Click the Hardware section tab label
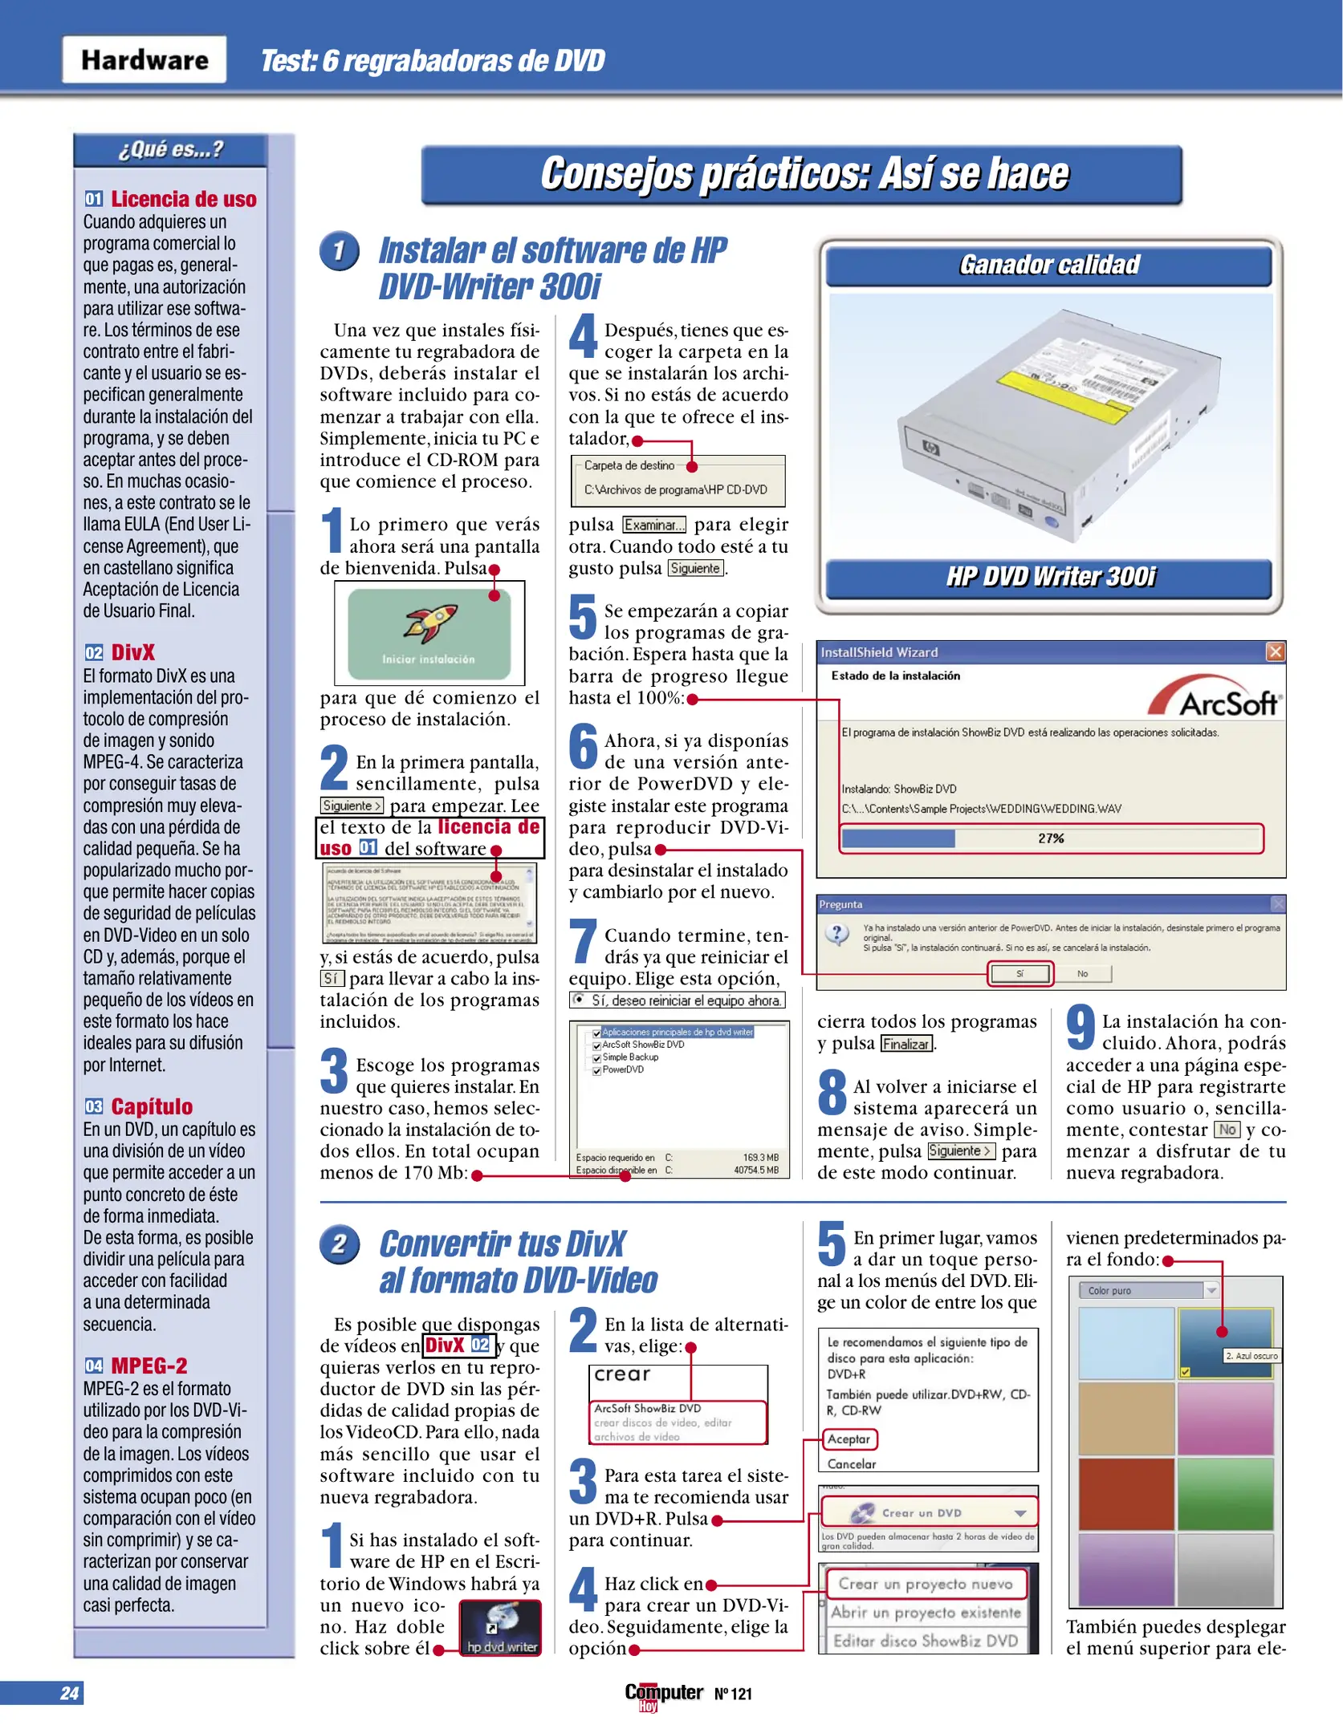tap(144, 60)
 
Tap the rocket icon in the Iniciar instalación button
tap(430, 624)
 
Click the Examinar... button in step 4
tap(654, 525)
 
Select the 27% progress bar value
tap(1051, 838)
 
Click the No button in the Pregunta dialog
tap(1082, 973)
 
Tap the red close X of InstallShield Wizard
tap(1275, 651)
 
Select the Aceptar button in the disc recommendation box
tap(849, 1439)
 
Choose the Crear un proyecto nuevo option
tap(926, 1584)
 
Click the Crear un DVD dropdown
tap(929, 1513)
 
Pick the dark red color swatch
tap(1125, 1495)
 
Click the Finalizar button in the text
tap(906, 1044)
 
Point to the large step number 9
tap(1081, 1028)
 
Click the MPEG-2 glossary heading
tap(149, 1366)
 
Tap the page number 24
tap(70, 1693)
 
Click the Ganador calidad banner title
tap(1048, 265)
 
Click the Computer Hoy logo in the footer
tap(663, 1694)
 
